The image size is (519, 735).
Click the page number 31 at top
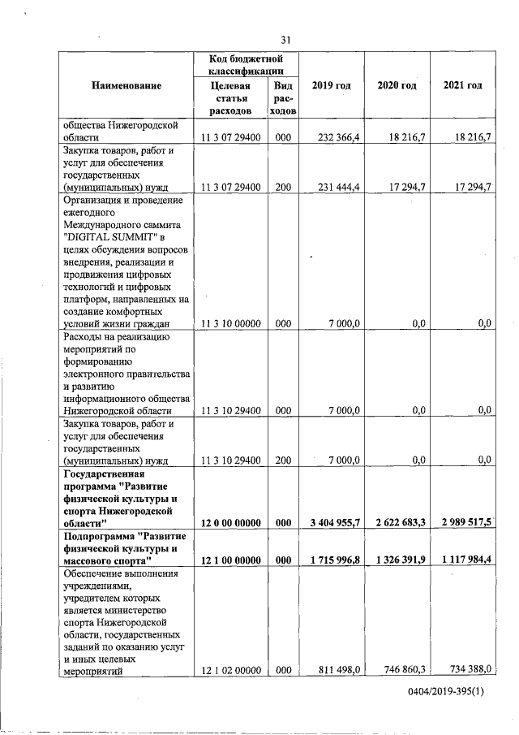(x=285, y=40)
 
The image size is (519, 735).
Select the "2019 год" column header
(x=331, y=85)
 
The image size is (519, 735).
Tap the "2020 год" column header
(x=397, y=85)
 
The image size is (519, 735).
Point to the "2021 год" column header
(x=462, y=85)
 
